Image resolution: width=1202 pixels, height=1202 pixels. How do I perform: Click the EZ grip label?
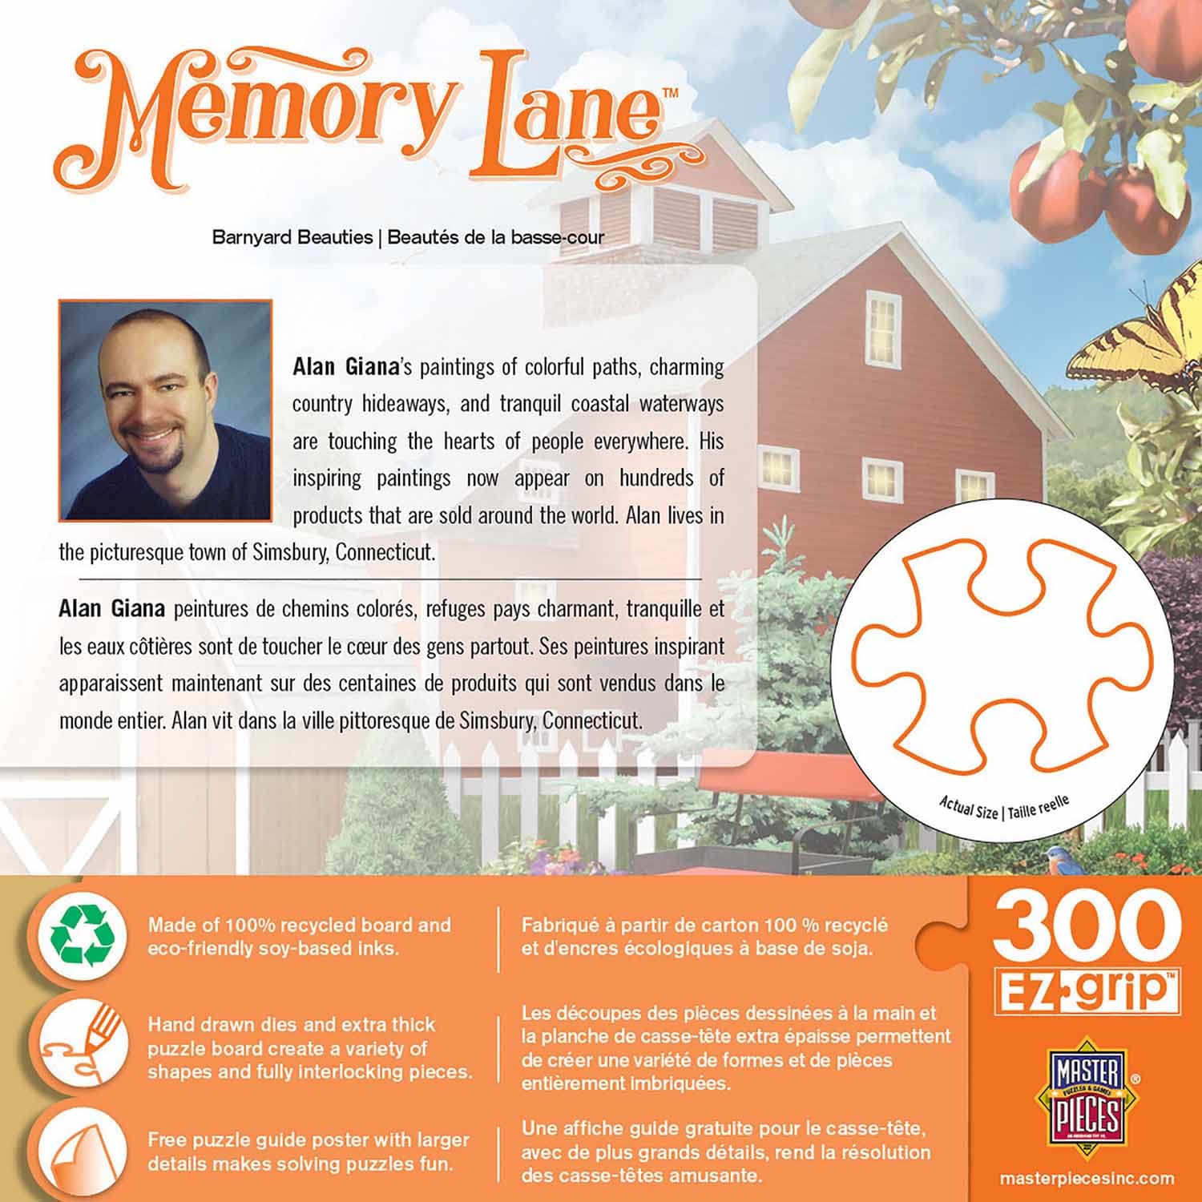click(x=1087, y=990)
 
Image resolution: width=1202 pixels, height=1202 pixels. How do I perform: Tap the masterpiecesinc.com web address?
click(x=1087, y=1179)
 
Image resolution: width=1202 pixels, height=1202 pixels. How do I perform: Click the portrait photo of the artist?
click(x=166, y=410)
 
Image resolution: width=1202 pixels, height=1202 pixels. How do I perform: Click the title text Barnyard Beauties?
click(x=292, y=237)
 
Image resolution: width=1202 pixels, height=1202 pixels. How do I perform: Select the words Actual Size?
click(x=968, y=807)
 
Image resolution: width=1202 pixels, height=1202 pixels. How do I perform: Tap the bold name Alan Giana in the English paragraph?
click(x=345, y=367)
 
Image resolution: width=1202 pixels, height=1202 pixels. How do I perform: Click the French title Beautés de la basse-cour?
click(x=496, y=237)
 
